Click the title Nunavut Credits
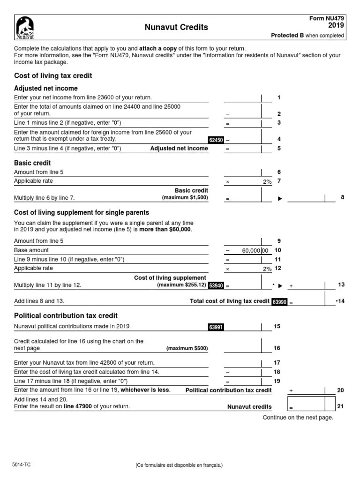click(177, 27)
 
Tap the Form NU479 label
click(326, 18)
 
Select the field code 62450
click(216, 140)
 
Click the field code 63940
click(216, 285)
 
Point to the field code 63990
click(279, 302)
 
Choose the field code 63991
click(216, 327)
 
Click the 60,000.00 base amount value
click(255, 251)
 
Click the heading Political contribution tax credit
click(66, 315)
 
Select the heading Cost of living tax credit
click(53, 75)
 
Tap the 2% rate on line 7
click(267, 181)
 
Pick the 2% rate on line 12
click(267, 269)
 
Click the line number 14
click(341, 301)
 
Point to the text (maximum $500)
click(187, 348)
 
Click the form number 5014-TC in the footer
click(22, 464)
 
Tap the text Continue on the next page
click(298, 417)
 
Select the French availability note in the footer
click(179, 465)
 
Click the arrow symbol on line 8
click(280, 198)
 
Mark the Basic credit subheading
click(32, 163)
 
